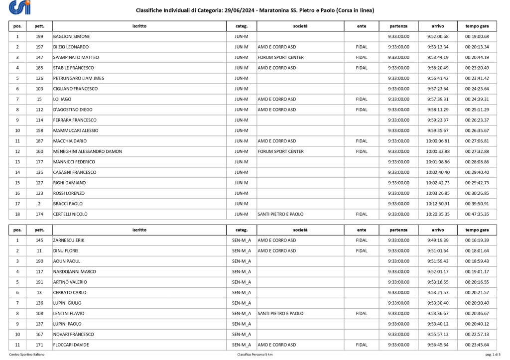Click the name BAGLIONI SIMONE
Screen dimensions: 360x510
point(71,36)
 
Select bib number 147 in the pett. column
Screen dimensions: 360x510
point(39,57)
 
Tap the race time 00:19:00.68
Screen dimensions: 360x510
point(477,36)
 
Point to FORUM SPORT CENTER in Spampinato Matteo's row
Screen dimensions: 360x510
point(280,57)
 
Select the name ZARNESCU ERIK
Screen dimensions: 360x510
point(69,240)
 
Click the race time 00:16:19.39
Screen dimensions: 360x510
point(477,240)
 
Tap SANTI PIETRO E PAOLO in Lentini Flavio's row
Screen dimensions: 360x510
point(280,314)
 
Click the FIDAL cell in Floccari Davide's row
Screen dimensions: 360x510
point(362,345)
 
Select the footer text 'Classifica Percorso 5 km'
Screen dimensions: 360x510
point(255,355)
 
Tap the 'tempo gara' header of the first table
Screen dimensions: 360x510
point(477,25)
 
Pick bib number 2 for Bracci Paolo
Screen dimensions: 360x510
point(39,204)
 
